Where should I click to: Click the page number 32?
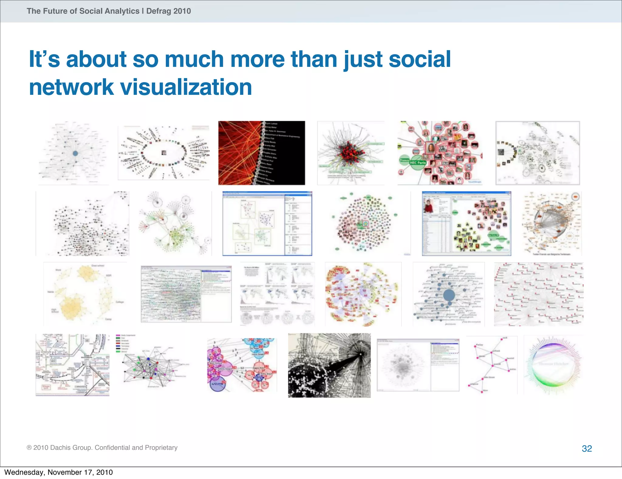click(x=587, y=448)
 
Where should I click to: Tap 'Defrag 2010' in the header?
click(x=169, y=11)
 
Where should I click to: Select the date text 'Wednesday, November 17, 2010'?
click(x=58, y=472)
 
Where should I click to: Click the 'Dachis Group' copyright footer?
click(x=102, y=447)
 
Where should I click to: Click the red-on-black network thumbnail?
click(x=261, y=153)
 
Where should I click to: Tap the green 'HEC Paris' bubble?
click(x=418, y=163)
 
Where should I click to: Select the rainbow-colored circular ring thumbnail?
click(x=553, y=365)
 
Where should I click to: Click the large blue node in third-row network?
click(x=449, y=295)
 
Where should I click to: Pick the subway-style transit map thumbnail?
click(x=72, y=365)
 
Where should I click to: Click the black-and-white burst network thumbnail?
click(x=329, y=365)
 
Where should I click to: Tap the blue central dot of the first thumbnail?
click(x=75, y=153)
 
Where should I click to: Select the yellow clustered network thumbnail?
click(x=85, y=294)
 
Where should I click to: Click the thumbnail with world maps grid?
click(x=277, y=294)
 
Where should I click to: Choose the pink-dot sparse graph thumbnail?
click(x=491, y=365)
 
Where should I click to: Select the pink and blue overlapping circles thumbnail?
click(x=242, y=365)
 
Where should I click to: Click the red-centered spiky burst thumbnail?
click(x=351, y=153)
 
